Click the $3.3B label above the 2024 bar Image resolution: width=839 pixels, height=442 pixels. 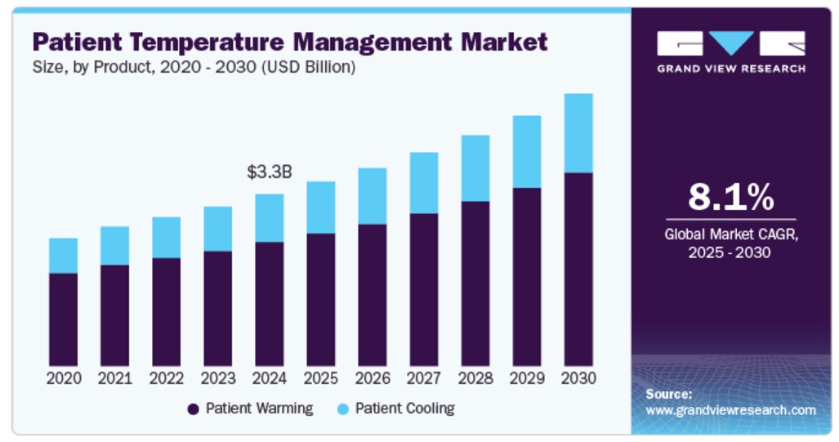pos(270,172)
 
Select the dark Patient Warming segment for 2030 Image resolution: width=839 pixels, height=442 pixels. pos(578,269)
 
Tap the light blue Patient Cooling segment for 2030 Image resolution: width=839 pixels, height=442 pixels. pos(578,133)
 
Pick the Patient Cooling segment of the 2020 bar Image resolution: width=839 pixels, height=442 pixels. pos(64,256)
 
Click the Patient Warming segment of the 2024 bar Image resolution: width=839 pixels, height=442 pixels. pos(270,303)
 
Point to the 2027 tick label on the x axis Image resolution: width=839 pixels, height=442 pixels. pos(424,379)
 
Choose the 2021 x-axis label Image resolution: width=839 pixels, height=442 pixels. pos(115,379)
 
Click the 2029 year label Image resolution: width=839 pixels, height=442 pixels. pos(527,379)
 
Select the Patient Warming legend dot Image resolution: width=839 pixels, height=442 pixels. pos(194,409)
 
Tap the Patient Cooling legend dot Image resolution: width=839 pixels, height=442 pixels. pos(343,409)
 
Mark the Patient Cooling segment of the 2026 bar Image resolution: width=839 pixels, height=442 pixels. pos(373,196)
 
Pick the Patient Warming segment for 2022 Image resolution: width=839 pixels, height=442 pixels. pos(167,311)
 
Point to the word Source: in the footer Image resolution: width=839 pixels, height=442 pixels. pos(669,394)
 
